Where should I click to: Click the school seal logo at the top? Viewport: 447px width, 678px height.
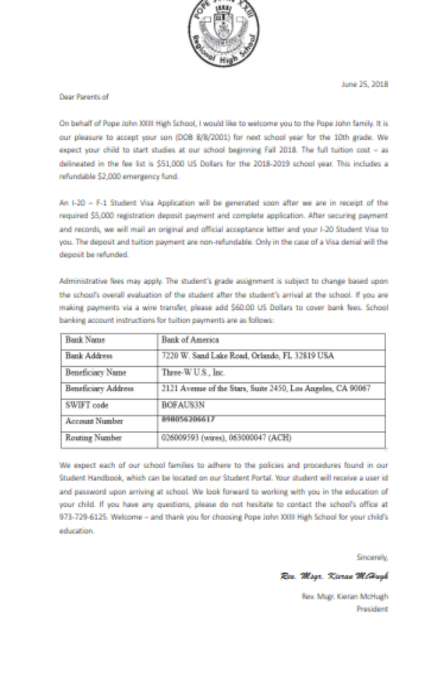point(223,30)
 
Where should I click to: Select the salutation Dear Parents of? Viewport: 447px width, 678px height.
point(84,97)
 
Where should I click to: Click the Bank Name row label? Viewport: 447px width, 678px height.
point(85,340)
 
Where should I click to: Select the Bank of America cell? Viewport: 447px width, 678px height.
point(190,340)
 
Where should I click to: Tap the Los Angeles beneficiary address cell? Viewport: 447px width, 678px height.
point(266,389)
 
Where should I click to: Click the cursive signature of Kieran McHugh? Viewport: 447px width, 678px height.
point(335,575)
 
